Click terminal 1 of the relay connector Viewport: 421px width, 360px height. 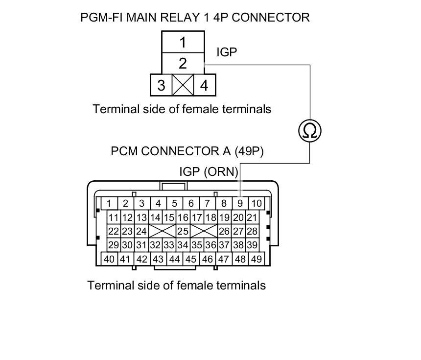coord(183,43)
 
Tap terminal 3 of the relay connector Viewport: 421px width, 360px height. coord(161,85)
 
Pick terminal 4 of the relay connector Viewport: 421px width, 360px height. coord(204,85)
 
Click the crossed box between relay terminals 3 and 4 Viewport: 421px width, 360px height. coord(183,85)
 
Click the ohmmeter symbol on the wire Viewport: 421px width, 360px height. coord(310,131)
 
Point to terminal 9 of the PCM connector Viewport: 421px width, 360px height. coord(240,203)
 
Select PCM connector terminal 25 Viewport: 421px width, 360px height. coord(183,231)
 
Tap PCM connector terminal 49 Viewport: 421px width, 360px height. coord(256,259)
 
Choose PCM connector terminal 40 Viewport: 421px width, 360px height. coord(109,259)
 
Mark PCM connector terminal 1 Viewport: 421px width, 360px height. coord(109,203)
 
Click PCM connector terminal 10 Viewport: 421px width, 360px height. coord(256,203)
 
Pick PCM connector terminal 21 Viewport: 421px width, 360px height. coord(252,217)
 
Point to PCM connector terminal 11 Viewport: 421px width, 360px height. coord(114,217)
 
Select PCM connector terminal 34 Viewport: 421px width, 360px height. coord(183,245)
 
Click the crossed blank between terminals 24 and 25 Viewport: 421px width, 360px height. coord(162,231)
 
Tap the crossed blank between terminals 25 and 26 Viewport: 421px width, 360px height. coord(204,231)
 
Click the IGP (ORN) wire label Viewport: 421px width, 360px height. coord(209,172)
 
